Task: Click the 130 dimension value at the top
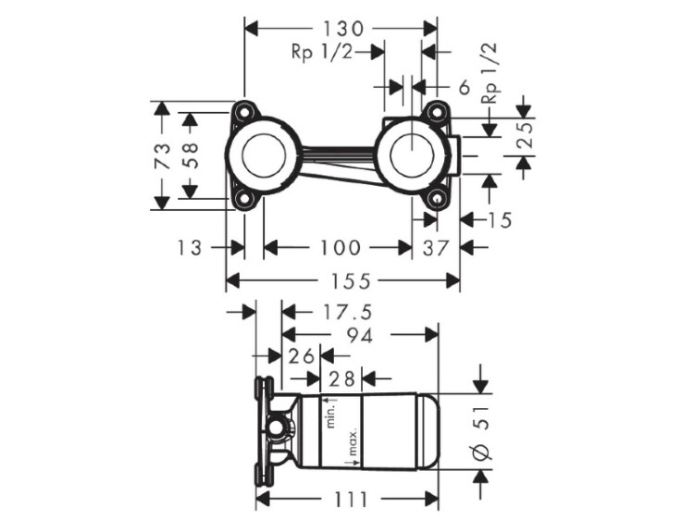click(x=337, y=28)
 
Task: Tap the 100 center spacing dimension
click(x=338, y=247)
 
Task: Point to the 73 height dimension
click(x=162, y=155)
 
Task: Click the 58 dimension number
click(x=190, y=155)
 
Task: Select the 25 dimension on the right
click(x=525, y=138)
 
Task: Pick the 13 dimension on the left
click(x=192, y=247)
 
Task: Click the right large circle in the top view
click(x=408, y=155)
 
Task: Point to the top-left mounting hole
click(x=242, y=112)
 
